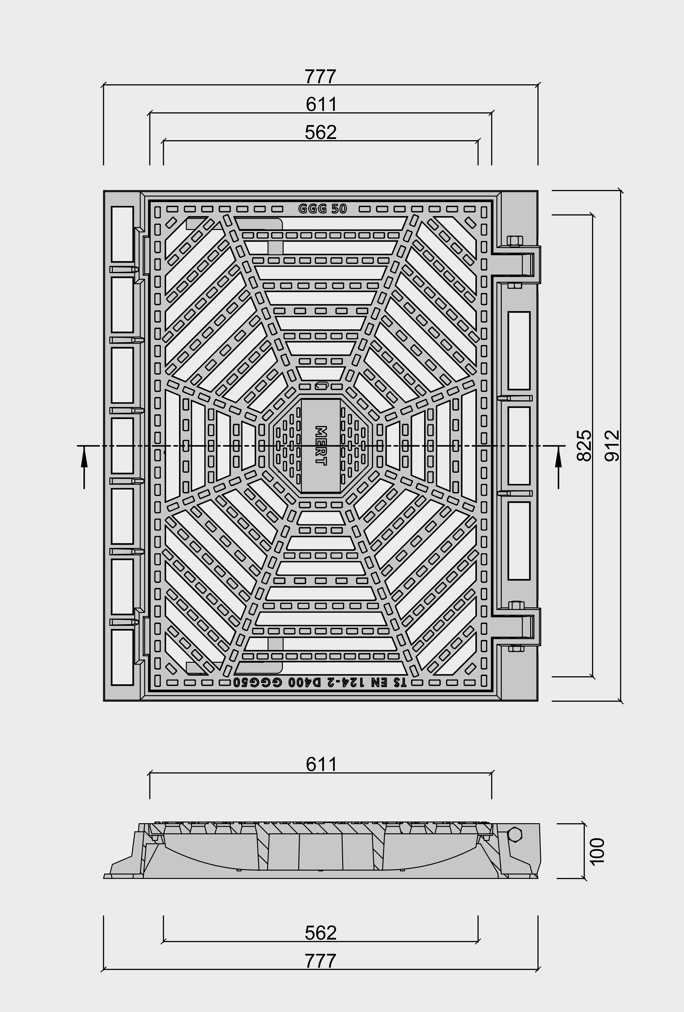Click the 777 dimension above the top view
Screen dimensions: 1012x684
(x=320, y=77)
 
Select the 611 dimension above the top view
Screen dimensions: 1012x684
(x=321, y=105)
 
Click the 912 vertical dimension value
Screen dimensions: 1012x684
(x=612, y=445)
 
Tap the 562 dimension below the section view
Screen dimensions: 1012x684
(x=320, y=933)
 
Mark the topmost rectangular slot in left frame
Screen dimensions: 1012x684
(x=122, y=234)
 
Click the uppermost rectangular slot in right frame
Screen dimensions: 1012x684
(x=519, y=350)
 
